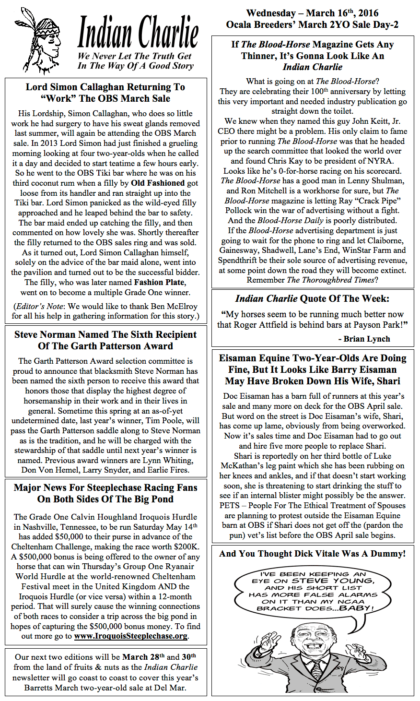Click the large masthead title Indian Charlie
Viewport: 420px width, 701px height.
click(138, 32)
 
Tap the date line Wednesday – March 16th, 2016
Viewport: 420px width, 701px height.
click(312, 13)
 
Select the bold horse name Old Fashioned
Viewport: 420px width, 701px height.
click(158, 183)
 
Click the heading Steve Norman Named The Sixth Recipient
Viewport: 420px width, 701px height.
click(105, 334)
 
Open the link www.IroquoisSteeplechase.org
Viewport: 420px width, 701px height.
click(130, 636)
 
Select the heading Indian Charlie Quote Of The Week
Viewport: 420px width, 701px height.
click(312, 298)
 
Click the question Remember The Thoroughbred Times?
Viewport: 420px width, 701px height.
click(312, 280)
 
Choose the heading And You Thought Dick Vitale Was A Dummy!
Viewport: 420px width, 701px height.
click(312, 554)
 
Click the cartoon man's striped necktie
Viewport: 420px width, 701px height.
click(317, 671)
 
